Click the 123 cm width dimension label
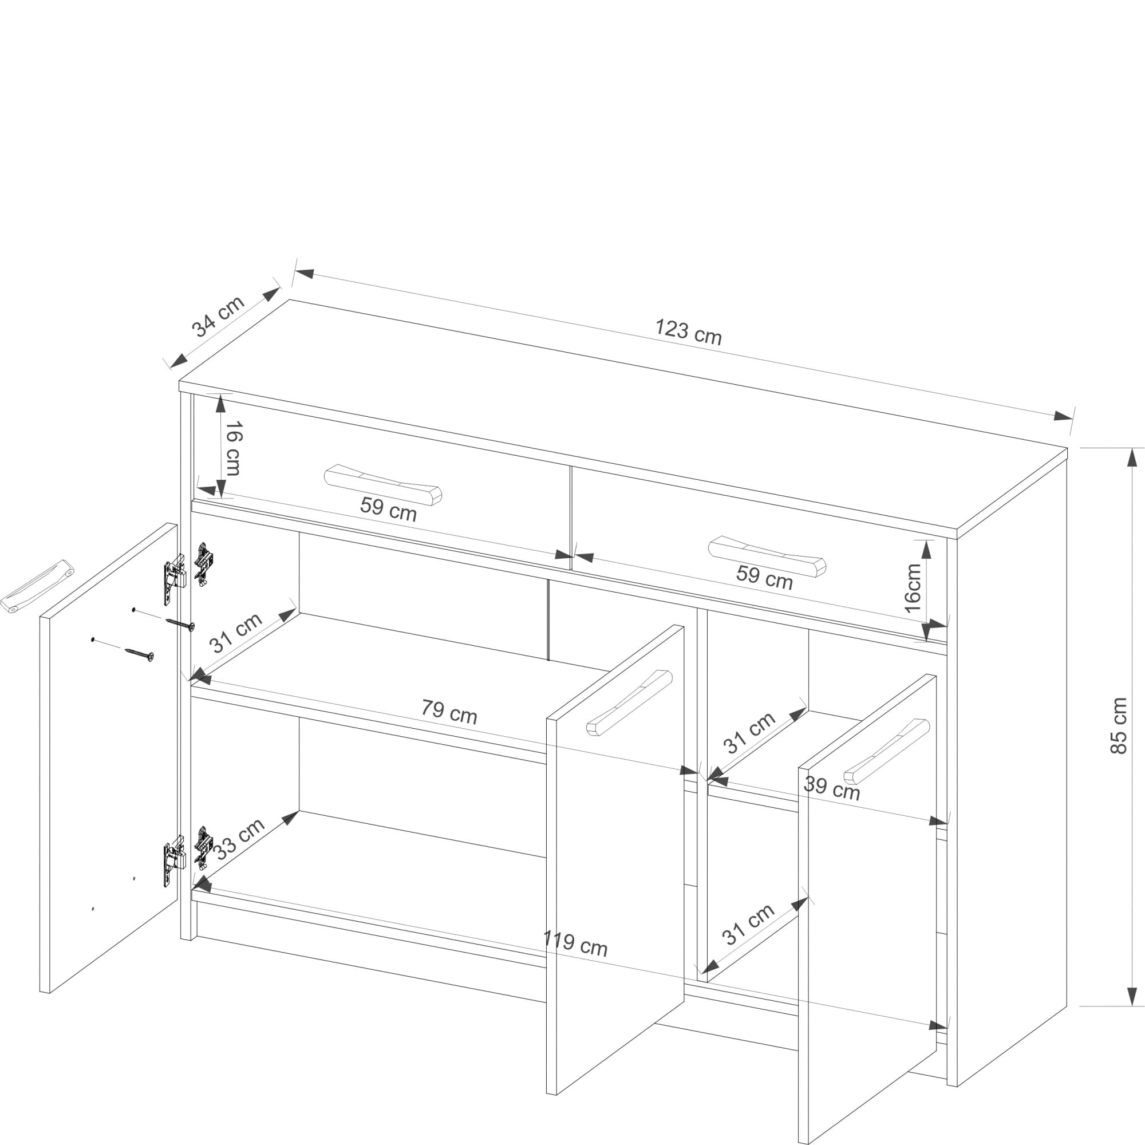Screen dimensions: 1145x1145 click(x=688, y=332)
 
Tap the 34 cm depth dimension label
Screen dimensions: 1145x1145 click(x=218, y=316)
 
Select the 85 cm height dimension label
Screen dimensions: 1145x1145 click(x=1118, y=725)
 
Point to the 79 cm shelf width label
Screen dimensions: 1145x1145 click(x=449, y=711)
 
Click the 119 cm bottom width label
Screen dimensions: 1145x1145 click(x=575, y=942)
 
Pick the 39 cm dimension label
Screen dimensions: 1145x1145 click(x=831, y=788)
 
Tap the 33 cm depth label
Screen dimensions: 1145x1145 click(x=239, y=839)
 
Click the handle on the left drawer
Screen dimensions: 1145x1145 click(x=383, y=484)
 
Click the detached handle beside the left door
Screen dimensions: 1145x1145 click(x=37, y=585)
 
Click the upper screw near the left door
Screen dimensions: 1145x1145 click(x=180, y=624)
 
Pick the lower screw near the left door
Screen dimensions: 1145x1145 click(x=139, y=654)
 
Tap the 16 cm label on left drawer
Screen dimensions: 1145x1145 click(x=233, y=448)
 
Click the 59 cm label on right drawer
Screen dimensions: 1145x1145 click(x=764, y=577)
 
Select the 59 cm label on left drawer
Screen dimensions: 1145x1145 click(x=388, y=508)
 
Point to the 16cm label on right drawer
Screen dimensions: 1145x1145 click(x=913, y=588)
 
